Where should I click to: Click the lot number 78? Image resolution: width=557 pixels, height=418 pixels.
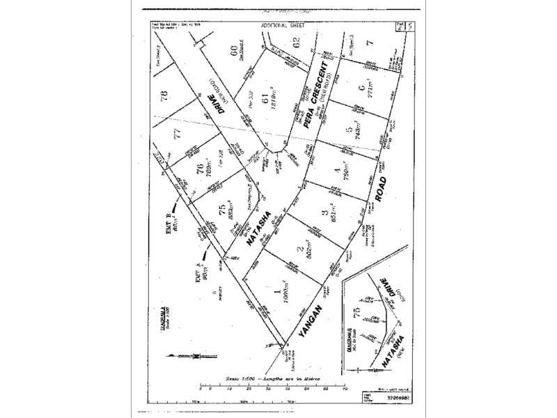[x=164, y=95]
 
